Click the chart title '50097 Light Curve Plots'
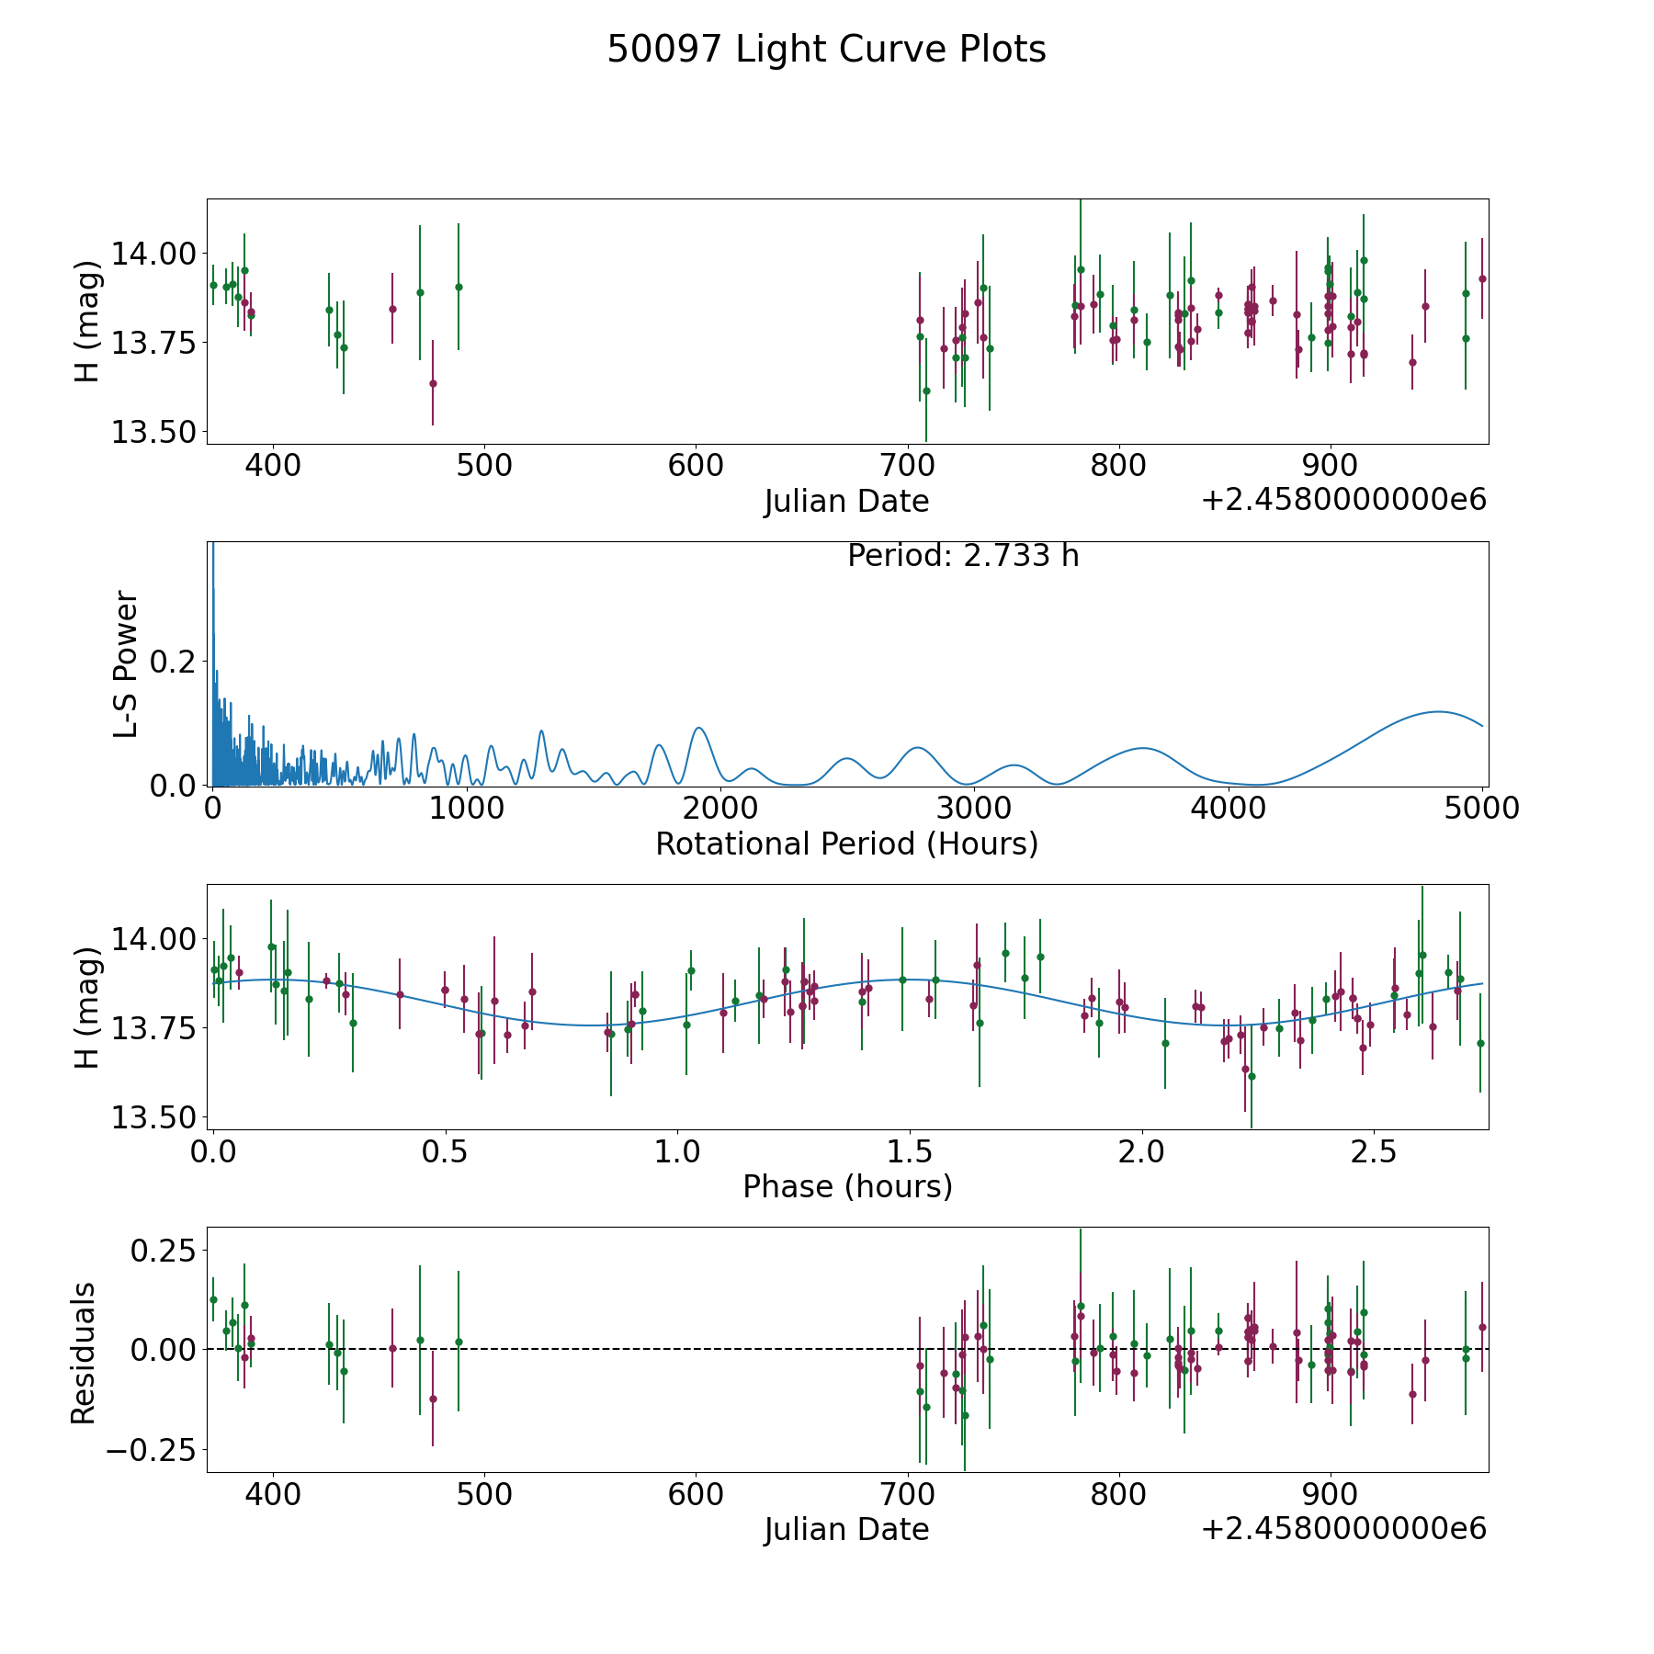pos(826,50)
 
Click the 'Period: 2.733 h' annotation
pos(963,556)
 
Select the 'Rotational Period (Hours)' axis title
pos(846,844)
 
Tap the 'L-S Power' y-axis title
pos(126,663)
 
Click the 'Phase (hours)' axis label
pos(847,1186)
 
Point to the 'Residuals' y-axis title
pos(84,1353)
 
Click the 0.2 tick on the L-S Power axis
pos(173,662)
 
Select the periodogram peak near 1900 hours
pos(699,728)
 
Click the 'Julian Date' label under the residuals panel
pos(846,1529)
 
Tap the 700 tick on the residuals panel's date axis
pos(908,1494)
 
